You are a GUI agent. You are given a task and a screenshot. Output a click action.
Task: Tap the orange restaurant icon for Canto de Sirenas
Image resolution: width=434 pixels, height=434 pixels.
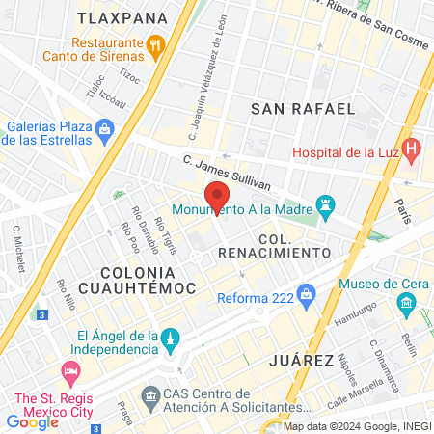pyautogui.click(x=154, y=43)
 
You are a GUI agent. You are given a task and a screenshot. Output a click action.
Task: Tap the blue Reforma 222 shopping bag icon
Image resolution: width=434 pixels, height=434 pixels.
pyautogui.click(x=307, y=292)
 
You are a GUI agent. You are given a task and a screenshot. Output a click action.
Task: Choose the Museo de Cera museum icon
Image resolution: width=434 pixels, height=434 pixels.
pyautogui.click(x=405, y=307)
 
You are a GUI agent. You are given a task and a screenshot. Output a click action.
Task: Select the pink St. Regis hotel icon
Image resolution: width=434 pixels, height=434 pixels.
pyautogui.click(x=68, y=371)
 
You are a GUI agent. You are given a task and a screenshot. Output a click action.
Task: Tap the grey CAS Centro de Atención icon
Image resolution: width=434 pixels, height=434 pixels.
pyautogui.click(x=150, y=396)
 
